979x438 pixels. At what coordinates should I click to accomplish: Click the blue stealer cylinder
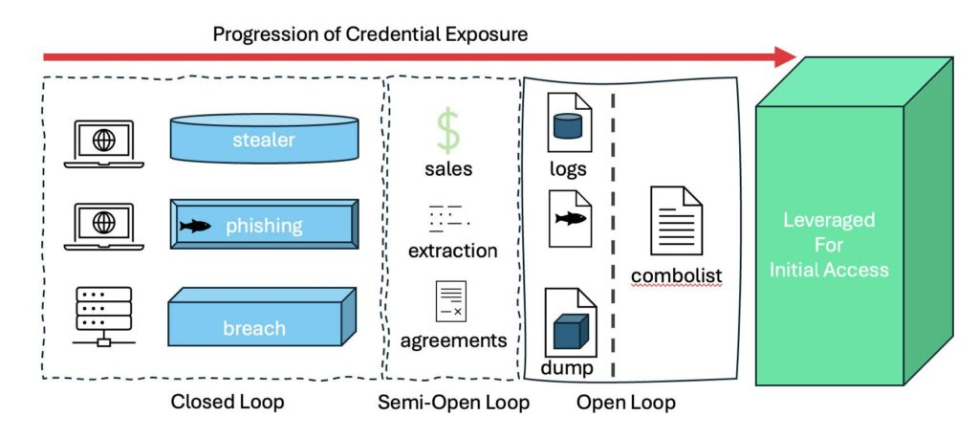pyautogui.click(x=264, y=140)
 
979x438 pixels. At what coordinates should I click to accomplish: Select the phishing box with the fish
pyautogui.click(x=264, y=226)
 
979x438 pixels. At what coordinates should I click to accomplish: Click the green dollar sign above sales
pyautogui.click(x=448, y=131)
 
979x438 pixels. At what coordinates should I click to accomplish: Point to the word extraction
pyautogui.click(x=452, y=252)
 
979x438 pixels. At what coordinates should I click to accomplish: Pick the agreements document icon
pyautogui.click(x=450, y=300)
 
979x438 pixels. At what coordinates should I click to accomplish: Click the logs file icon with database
pyautogui.click(x=569, y=122)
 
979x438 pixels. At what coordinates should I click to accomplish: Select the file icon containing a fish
pyautogui.click(x=569, y=218)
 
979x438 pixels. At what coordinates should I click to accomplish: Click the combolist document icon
pyautogui.click(x=676, y=221)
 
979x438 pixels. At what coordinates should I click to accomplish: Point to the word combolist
pyautogui.click(x=676, y=276)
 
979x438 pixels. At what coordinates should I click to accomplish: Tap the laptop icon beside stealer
pyautogui.click(x=103, y=142)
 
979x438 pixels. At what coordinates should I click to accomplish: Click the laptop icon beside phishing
pyautogui.click(x=103, y=226)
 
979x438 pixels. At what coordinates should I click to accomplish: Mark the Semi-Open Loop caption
pyautogui.click(x=454, y=403)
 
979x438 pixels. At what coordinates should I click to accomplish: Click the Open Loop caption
pyautogui.click(x=626, y=403)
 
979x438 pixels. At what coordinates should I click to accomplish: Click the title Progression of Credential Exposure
pyautogui.click(x=370, y=34)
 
